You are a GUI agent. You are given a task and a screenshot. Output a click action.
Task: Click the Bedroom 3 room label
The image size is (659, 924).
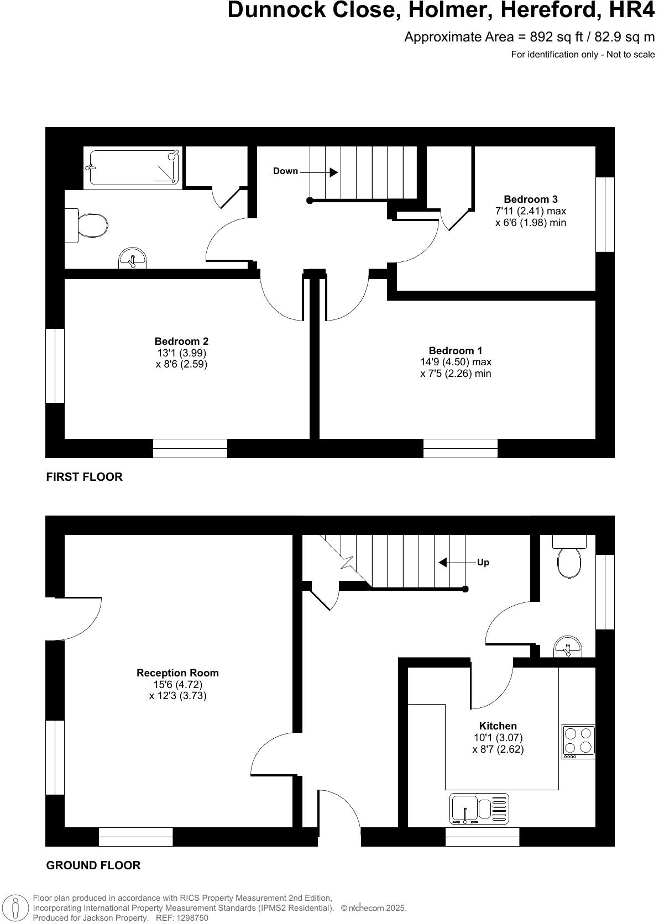(530, 200)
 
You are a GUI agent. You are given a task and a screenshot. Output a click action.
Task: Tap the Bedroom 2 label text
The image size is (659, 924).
(181, 342)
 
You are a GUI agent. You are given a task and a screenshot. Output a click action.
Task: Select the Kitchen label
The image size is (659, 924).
(498, 726)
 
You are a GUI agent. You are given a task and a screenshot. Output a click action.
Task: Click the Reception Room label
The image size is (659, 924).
(177, 673)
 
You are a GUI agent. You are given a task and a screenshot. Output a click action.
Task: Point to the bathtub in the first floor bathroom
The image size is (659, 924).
(133, 166)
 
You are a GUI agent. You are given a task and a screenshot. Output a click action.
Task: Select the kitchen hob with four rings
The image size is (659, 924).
(578, 741)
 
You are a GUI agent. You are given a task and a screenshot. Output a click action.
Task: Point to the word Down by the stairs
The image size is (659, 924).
(285, 171)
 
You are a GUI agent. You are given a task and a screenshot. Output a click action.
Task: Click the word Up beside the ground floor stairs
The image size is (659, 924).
(483, 563)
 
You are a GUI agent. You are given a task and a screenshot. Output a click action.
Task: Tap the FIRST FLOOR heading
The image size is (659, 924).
(84, 477)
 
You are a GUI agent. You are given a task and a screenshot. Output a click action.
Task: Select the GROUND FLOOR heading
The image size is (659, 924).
(93, 865)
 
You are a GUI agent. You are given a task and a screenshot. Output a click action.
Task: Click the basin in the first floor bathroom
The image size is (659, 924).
(133, 258)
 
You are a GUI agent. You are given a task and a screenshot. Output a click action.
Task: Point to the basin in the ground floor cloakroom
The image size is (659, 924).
(567, 647)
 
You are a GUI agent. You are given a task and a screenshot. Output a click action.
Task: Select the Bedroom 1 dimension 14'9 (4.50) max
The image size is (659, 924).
(455, 362)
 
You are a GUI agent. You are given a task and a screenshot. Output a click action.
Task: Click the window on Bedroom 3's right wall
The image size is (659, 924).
(605, 214)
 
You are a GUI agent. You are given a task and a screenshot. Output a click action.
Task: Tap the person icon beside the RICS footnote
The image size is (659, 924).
(16, 908)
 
